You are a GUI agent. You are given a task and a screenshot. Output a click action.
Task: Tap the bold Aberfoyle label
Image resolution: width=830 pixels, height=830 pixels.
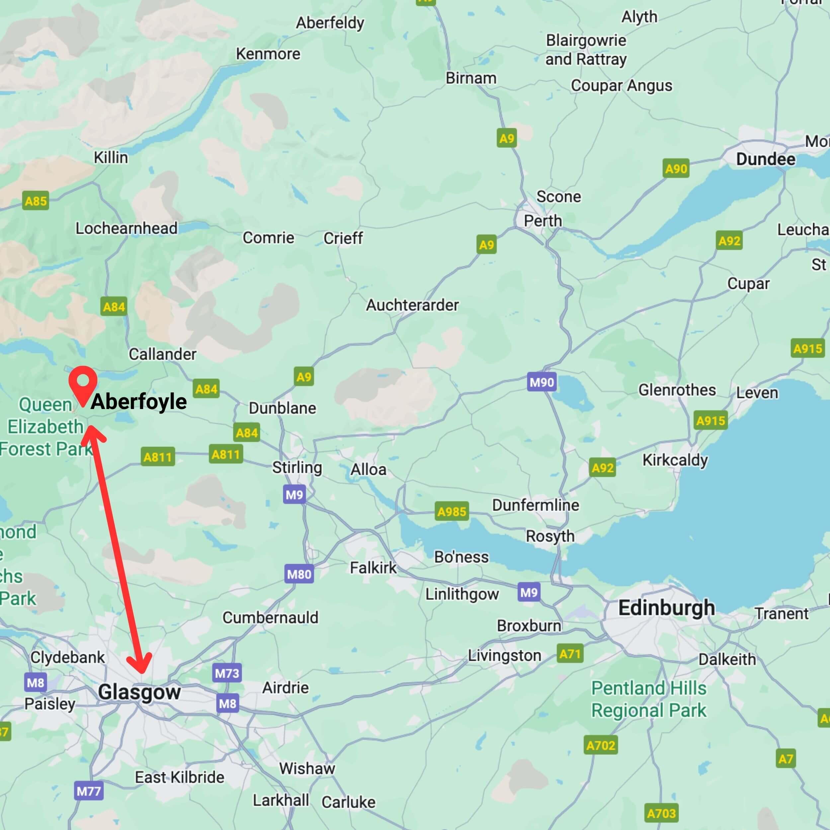coord(139,402)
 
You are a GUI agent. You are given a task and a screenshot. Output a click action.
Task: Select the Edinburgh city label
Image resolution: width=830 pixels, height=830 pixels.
coord(666,608)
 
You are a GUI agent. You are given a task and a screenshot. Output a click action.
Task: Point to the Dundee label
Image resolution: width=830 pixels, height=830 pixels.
coord(766,159)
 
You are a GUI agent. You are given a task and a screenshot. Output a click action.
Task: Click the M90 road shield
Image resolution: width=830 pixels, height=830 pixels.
coord(542,382)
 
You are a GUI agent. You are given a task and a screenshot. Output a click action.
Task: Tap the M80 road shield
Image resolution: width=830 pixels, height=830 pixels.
coord(299,574)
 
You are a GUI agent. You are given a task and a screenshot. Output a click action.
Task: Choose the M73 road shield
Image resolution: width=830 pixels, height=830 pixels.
coord(227,673)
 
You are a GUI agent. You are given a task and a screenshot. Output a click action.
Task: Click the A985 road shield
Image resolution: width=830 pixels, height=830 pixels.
coord(452,511)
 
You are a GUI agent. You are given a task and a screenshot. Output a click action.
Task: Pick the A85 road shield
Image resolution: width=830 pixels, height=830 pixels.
coord(36,201)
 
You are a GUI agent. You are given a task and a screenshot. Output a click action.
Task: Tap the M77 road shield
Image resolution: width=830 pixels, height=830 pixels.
coord(89,791)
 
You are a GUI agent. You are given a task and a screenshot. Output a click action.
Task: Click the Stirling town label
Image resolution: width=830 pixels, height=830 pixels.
coord(297,467)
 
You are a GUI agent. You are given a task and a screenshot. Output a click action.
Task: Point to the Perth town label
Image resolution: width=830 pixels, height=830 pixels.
coord(542,221)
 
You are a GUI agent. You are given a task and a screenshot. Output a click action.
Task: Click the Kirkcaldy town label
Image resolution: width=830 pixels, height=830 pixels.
coord(675,460)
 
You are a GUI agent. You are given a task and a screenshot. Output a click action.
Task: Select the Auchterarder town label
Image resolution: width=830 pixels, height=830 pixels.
coord(412,305)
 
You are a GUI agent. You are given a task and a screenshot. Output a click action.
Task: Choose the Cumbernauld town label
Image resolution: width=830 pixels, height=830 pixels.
coord(270,617)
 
